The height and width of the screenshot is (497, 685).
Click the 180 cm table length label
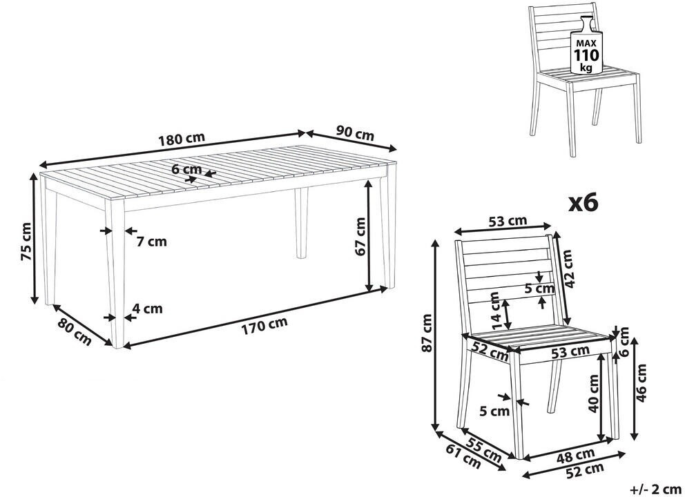point(182,139)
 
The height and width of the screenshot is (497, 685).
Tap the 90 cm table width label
point(355,133)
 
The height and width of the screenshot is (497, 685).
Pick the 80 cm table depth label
point(75,331)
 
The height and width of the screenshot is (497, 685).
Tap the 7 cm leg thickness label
point(151,241)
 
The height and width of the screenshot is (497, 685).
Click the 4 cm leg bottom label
point(147,309)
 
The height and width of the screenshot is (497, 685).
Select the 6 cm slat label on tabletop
point(186,169)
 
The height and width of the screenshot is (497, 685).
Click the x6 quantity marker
point(583,204)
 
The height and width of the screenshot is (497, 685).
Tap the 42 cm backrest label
point(568,268)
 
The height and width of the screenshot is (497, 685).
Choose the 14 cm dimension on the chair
point(494,311)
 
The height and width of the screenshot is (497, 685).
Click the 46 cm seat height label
point(641,382)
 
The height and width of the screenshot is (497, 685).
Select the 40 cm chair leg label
point(593,393)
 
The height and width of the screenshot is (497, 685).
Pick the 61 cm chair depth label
point(463,456)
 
